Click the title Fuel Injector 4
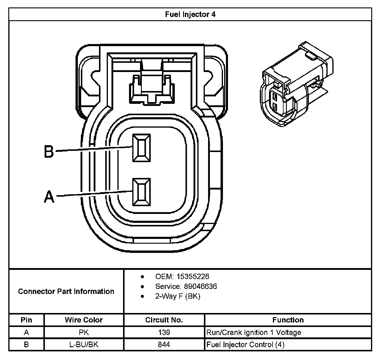190,14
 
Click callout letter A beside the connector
49,197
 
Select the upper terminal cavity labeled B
141,148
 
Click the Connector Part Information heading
66,291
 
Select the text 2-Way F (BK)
177,296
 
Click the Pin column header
26,320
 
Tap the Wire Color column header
84,320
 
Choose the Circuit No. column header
164,320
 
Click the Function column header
288,320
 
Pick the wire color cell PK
84,332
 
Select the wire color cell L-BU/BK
84,345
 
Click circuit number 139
164,332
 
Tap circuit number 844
164,345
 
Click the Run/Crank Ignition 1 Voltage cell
254,332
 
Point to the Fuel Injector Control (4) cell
245,345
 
